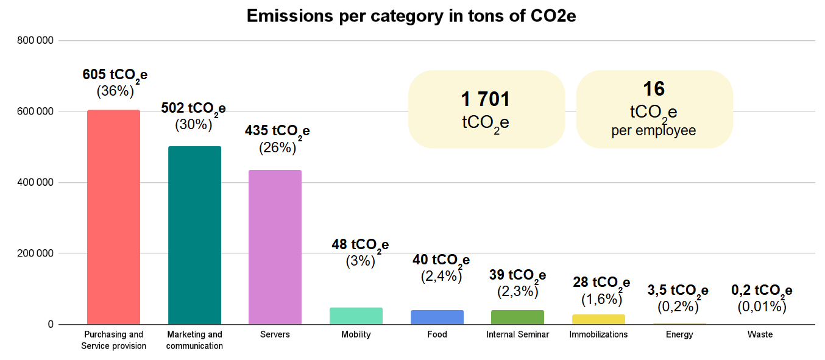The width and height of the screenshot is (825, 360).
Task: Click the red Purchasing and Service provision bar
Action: [113, 217]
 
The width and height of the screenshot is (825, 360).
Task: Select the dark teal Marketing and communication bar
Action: [194, 235]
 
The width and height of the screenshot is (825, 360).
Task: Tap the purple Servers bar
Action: [275, 247]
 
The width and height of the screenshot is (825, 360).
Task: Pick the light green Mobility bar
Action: [356, 316]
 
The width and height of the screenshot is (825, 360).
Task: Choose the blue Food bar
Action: [437, 317]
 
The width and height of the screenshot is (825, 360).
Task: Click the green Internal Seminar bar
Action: [517, 317]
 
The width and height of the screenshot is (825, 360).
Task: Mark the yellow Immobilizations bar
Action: [598, 319]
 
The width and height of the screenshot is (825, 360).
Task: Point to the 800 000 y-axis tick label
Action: [36, 41]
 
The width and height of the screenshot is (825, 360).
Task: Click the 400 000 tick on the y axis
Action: [36, 183]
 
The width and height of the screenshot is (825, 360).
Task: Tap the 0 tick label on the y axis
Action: [51, 325]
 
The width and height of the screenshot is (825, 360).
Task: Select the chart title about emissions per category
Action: [411, 16]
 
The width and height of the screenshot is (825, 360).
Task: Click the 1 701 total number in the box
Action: [486, 99]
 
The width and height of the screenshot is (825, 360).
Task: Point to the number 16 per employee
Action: [654, 90]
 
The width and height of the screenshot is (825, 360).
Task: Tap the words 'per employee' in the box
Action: [654, 131]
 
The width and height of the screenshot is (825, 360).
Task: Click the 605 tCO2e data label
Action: [115, 76]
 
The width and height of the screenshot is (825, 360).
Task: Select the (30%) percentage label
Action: [193, 124]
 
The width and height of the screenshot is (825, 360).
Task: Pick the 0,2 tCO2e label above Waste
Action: [761, 291]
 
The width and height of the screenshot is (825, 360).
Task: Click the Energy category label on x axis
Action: [679, 334]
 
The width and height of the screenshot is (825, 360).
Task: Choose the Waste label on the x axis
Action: [760, 334]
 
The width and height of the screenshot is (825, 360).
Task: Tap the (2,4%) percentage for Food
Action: [441, 276]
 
